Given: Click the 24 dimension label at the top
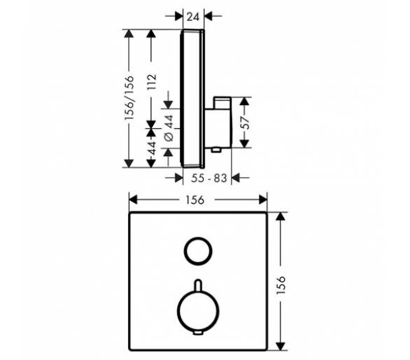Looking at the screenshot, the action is [x=193, y=17].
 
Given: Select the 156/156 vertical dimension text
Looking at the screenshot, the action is [x=129, y=97].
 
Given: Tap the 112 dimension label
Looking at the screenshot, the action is [x=152, y=82].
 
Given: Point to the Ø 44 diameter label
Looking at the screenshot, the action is [x=169, y=128].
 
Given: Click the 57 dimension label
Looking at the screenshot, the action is [x=246, y=123].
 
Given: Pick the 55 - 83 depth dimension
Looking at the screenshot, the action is [x=209, y=179].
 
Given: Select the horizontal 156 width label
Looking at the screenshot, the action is [x=195, y=200].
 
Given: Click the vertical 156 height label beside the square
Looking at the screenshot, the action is [x=281, y=284].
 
